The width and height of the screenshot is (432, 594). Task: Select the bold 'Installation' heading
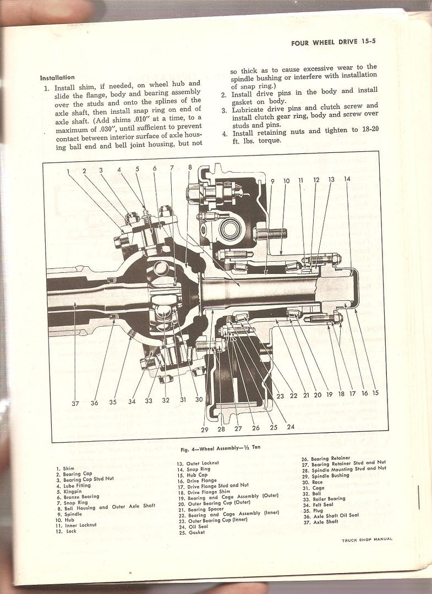pos(57,78)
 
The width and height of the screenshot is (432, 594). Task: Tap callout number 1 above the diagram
pos(68,171)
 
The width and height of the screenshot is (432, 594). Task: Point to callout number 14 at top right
pos(347,179)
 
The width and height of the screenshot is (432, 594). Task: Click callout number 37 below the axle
pos(75,403)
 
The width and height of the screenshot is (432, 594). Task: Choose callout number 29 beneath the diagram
pos(205,430)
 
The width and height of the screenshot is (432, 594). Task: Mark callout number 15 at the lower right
pos(375,393)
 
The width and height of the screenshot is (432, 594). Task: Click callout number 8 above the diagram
pos(189,167)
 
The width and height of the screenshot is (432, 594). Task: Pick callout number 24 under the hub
pos(291,426)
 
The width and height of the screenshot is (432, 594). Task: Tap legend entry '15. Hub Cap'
pos(192,475)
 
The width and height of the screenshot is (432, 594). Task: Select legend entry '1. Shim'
pos(65,469)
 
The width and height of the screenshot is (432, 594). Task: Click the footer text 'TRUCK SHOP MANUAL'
pos(367,540)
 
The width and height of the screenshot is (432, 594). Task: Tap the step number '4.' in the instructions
pos(225,133)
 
